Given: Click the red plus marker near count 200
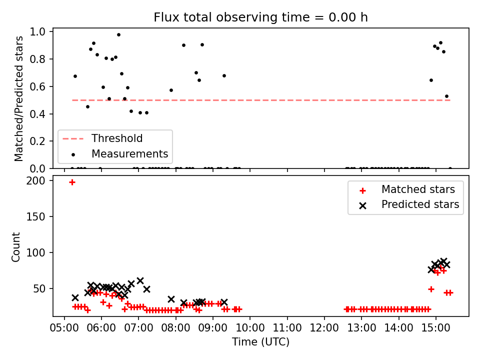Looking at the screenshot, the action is pos(72,182).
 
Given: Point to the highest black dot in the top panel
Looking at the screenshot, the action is pos(119,35).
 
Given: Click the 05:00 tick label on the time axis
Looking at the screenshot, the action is pos(64,327).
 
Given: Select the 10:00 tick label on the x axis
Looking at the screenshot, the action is pos(250,327).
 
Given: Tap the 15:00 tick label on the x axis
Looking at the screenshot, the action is pos(435,327).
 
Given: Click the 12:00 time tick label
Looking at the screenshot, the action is pos(324,327).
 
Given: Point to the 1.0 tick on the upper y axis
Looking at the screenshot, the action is pos(37,32).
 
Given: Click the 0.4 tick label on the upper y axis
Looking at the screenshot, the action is pos(37,114).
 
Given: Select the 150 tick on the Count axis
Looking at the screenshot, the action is pos(35,216).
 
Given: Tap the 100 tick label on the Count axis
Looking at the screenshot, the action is pos(35,252).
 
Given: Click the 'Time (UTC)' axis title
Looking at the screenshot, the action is pos(260,341).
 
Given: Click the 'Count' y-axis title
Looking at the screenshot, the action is pos(15,247).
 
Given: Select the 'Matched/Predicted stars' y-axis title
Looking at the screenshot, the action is pos(18,98).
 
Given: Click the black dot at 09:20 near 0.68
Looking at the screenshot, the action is pos(224,76).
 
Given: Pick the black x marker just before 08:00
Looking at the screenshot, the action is pos(171,299).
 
